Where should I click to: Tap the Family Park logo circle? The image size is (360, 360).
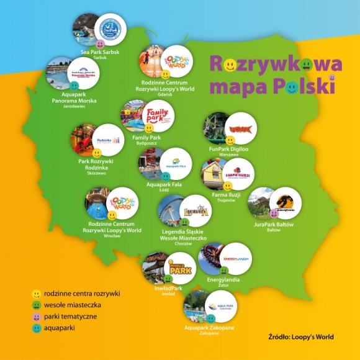pyautogui.click(x=158, y=116)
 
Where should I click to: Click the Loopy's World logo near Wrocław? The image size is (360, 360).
pyautogui.click(x=122, y=203)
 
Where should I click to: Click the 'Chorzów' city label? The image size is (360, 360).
pyautogui.click(x=184, y=243)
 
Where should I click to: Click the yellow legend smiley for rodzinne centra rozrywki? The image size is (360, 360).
pyautogui.click(x=37, y=293)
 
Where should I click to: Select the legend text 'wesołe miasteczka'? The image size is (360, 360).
pyautogui.click(x=73, y=304)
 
